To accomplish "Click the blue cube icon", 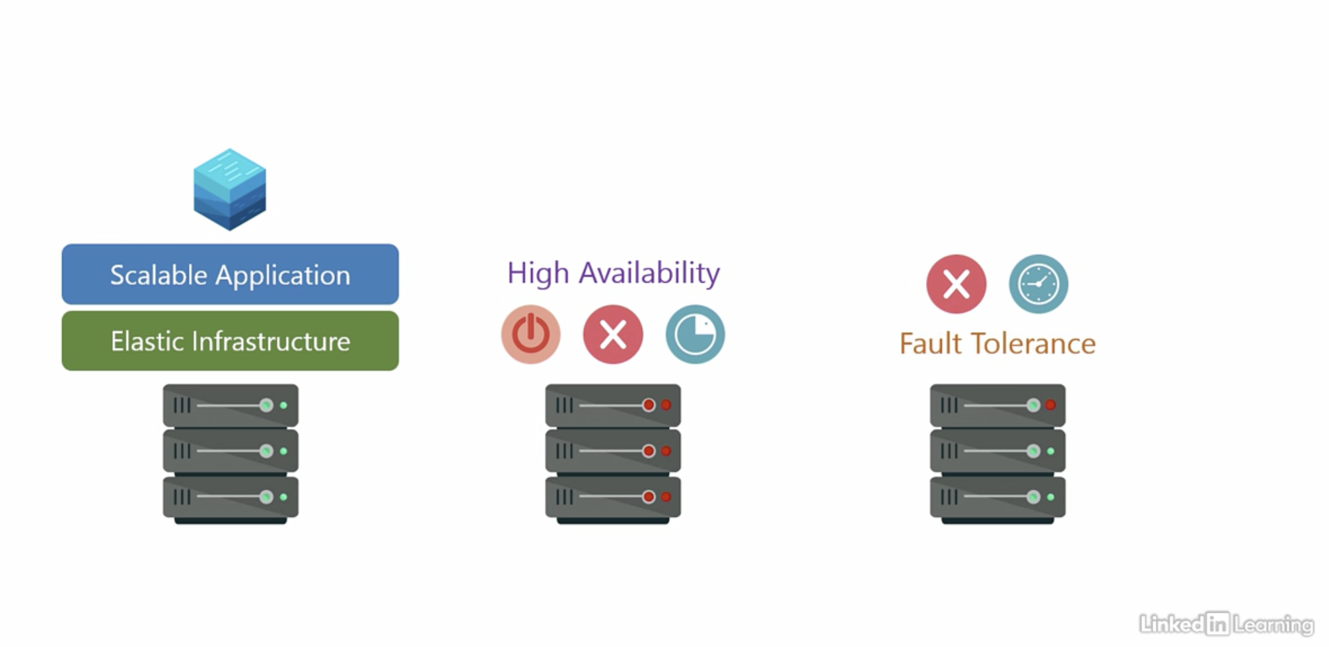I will pyautogui.click(x=230, y=189).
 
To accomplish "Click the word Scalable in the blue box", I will pyautogui.click(x=159, y=275).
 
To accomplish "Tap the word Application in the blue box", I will pyautogui.click(x=283, y=275).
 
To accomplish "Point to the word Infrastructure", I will pyautogui.click(x=271, y=341).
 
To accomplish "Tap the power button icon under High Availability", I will pyautogui.click(x=531, y=334).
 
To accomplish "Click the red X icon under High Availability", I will pyautogui.click(x=613, y=334).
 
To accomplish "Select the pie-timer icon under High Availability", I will pyautogui.click(x=695, y=334).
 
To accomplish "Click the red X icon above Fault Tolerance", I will pyautogui.click(x=956, y=284).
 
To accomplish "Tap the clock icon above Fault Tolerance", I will pyautogui.click(x=1038, y=284).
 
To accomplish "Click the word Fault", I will pyautogui.click(x=930, y=344).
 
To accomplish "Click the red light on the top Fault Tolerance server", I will pyautogui.click(x=1050, y=405).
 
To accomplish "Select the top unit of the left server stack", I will pyautogui.click(x=231, y=405).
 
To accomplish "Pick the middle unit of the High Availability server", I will pyautogui.click(x=613, y=451).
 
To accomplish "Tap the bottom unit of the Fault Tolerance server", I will pyautogui.click(x=997, y=496).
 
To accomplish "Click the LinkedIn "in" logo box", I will pyautogui.click(x=1217, y=623).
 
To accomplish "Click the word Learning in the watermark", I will pyautogui.click(x=1273, y=624).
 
